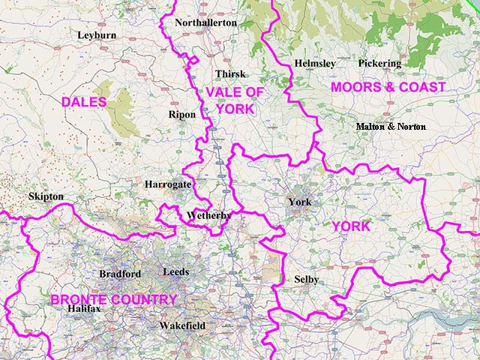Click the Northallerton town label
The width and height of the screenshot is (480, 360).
tap(205, 22)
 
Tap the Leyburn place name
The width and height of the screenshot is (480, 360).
tap(96, 34)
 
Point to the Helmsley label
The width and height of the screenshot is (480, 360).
tap(315, 64)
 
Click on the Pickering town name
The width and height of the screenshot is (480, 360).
tap(379, 64)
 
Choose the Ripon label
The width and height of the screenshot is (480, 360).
tap(182, 115)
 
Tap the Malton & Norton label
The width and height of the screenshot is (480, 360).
tap(391, 126)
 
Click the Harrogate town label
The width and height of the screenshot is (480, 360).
tap(168, 184)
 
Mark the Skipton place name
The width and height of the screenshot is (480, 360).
tap(46, 196)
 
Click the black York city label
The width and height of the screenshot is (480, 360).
tap(299, 202)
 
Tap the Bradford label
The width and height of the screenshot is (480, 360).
tap(119, 274)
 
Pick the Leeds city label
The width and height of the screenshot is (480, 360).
tap(175, 271)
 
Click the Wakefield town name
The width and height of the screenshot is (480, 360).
tap(182, 326)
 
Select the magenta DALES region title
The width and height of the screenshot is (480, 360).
tap(84, 101)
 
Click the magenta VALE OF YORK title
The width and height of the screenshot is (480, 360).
tap(235, 100)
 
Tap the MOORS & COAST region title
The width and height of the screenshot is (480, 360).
tap(388, 88)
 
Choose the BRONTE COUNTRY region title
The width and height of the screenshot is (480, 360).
tap(113, 300)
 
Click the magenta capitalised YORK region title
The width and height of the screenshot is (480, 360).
tap(351, 226)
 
